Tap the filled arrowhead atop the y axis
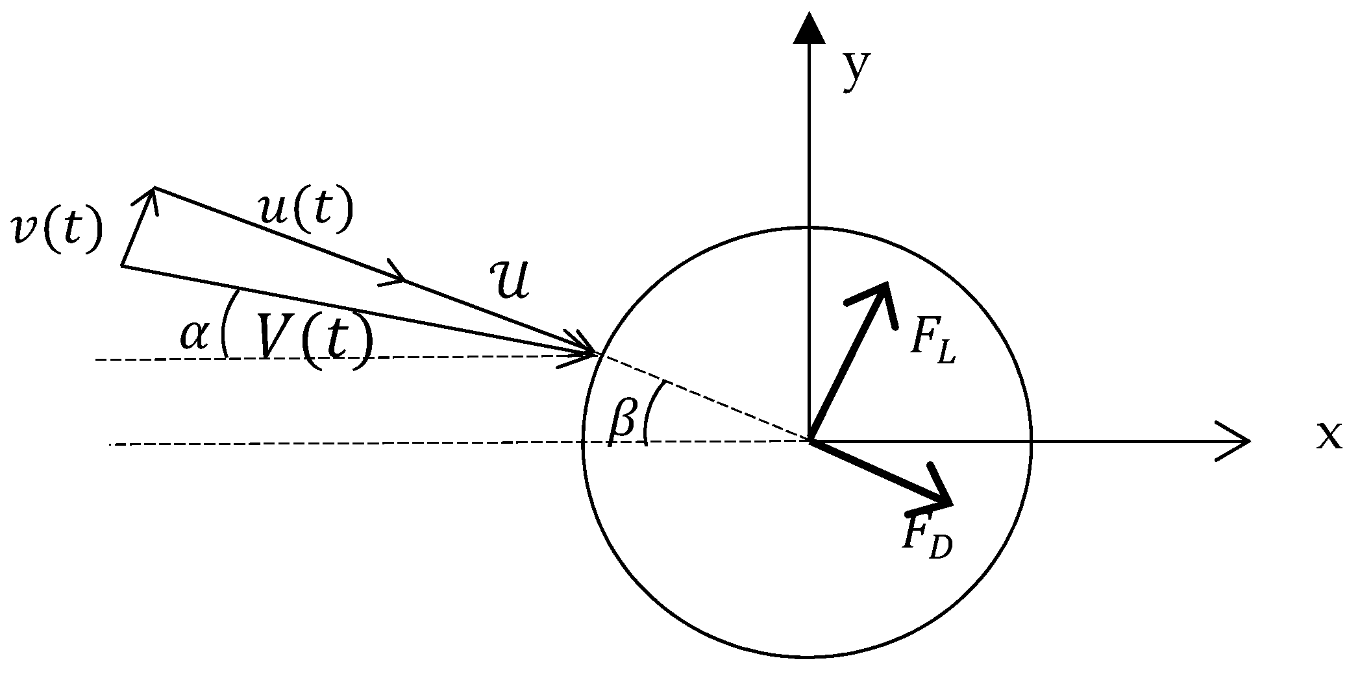[809, 29]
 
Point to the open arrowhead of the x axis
[1237, 441]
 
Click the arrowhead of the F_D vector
[941, 496]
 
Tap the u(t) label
[305, 212]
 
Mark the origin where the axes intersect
[809, 441]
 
